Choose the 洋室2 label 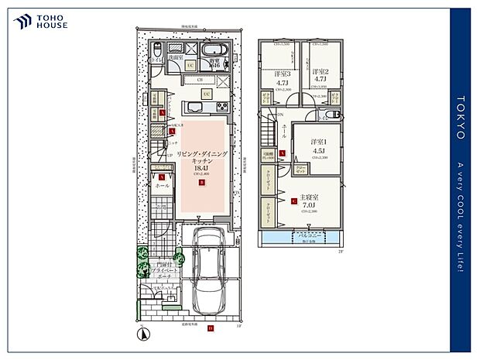(x=320, y=70)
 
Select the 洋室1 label (x=318, y=142)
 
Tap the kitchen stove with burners (x=221, y=106)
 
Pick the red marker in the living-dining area (x=201, y=183)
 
